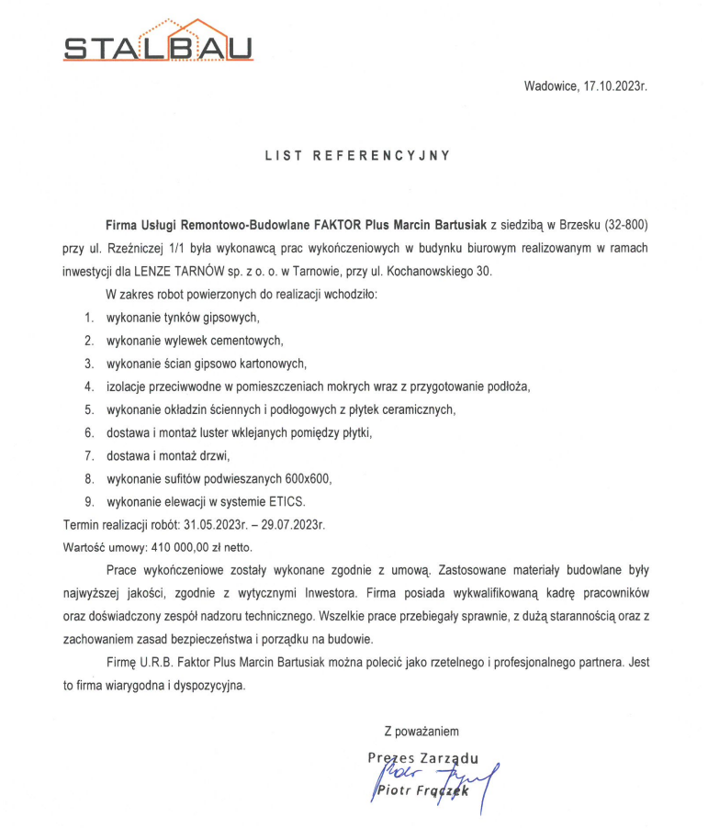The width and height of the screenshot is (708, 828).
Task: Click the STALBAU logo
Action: coord(159,41)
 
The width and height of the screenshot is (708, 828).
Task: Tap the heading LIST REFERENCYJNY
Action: coord(357,155)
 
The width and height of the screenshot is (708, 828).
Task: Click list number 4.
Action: coord(89,386)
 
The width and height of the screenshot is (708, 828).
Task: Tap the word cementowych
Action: coord(242,341)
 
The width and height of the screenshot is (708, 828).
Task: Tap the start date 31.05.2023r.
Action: coord(217,524)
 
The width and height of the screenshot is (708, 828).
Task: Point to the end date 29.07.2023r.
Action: coord(293,524)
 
